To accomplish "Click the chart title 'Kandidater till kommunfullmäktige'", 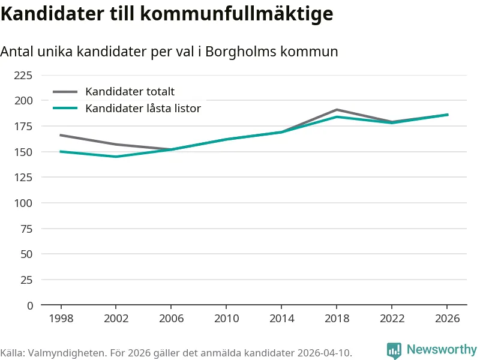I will pyautogui.click(x=167, y=13).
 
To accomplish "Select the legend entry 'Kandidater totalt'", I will pyautogui.click(x=130, y=92).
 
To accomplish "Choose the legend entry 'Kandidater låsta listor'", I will pyautogui.click(x=143, y=109).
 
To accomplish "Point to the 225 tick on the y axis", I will pyautogui.click(x=23, y=75).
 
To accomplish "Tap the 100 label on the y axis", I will pyautogui.click(x=23, y=203).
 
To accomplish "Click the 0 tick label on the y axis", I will pyautogui.click(x=30, y=305).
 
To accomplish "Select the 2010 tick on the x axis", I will pyautogui.click(x=226, y=319).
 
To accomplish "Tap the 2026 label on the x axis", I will pyautogui.click(x=448, y=319).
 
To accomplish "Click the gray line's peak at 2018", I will pyautogui.click(x=337, y=110).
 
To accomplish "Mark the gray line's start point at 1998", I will pyautogui.click(x=60, y=135).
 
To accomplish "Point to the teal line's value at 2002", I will pyautogui.click(x=116, y=157).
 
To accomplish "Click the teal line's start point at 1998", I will pyautogui.click(x=60, y=152).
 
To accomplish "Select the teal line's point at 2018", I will pyautogui.click(x=337, y=117).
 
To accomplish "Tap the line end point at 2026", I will pyautogui.click(x=448, y=115).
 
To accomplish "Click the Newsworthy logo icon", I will pyautogui.click(x=394, y=350).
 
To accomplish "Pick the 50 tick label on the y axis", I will pyautogui.click(x=26, y=254).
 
